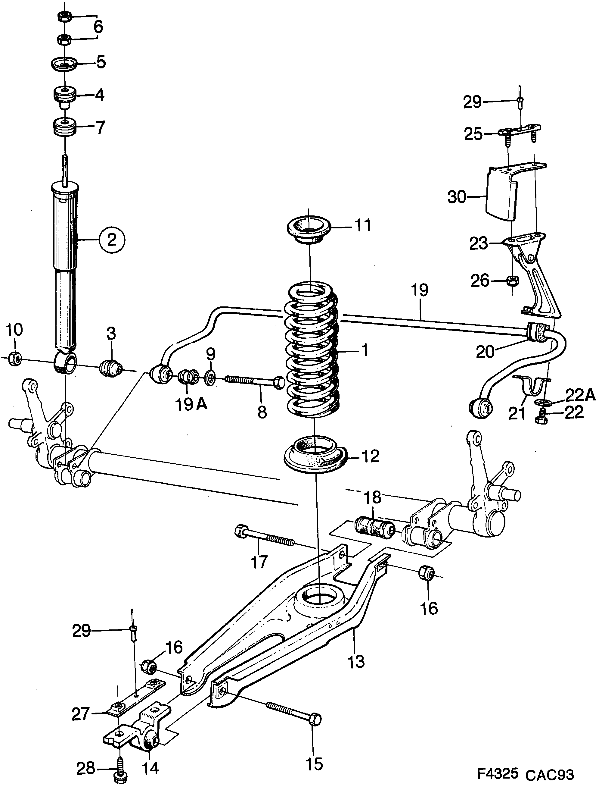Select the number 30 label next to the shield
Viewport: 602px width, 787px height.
[457, 197]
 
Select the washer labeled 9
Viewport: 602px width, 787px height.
[210, 377]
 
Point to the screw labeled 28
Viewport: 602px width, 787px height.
[119, 770]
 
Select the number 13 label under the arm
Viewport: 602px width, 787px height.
[356, 660]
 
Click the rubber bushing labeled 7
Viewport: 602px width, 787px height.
[64, 127]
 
